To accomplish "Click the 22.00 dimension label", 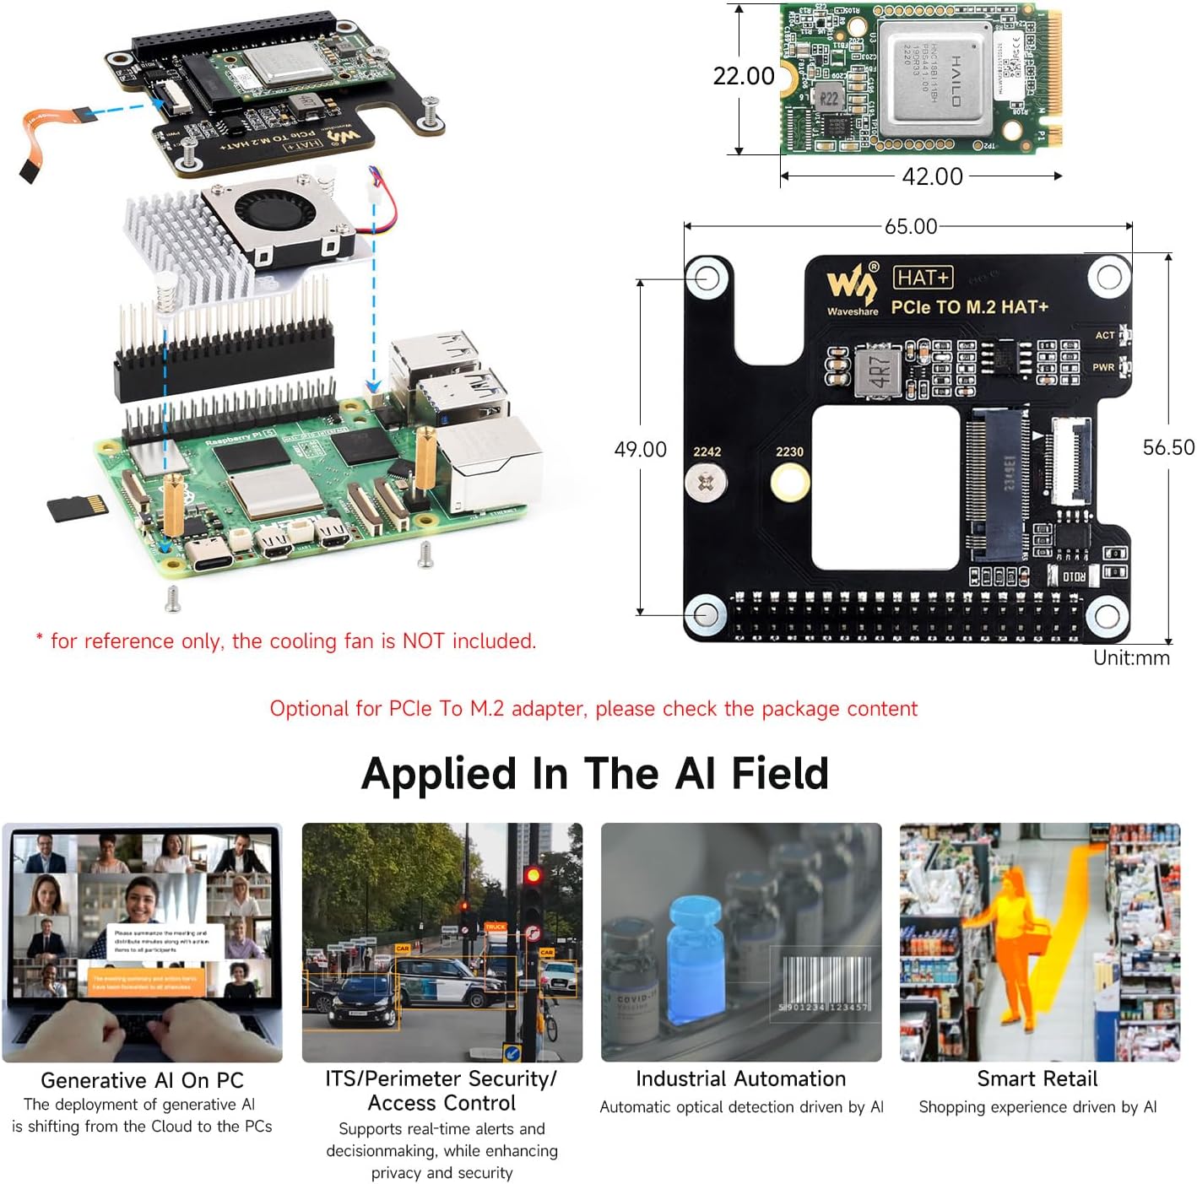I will pyautogui.click(x=743, y=76).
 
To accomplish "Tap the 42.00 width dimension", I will pyautogui.click(x=932, y=176).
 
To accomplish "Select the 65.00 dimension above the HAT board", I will pyautogui.click(x=910, y=226).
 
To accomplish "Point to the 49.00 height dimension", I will pyautogui.click(x=640, y=449).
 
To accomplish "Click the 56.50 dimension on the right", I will pyautogui.click(x=1168, y=447).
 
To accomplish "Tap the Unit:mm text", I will pyautogui.click(x=1131, y=657).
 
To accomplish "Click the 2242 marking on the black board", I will pyautogui.click(x=707, y=451).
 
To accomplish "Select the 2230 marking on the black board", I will pyautogui.click(x=789, y=451).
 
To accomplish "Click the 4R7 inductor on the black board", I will pyautogui.click(x=878, y=370).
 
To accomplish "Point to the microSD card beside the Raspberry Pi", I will pyautogui.click(x=78, y=508).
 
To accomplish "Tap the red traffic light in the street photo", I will pyautogui.click(x=533, y=875).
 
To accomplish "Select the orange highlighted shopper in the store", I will pyautogui.click(x=1010, y=937).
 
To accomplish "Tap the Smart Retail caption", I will pyautogui.click(x=1037, y=1079).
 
